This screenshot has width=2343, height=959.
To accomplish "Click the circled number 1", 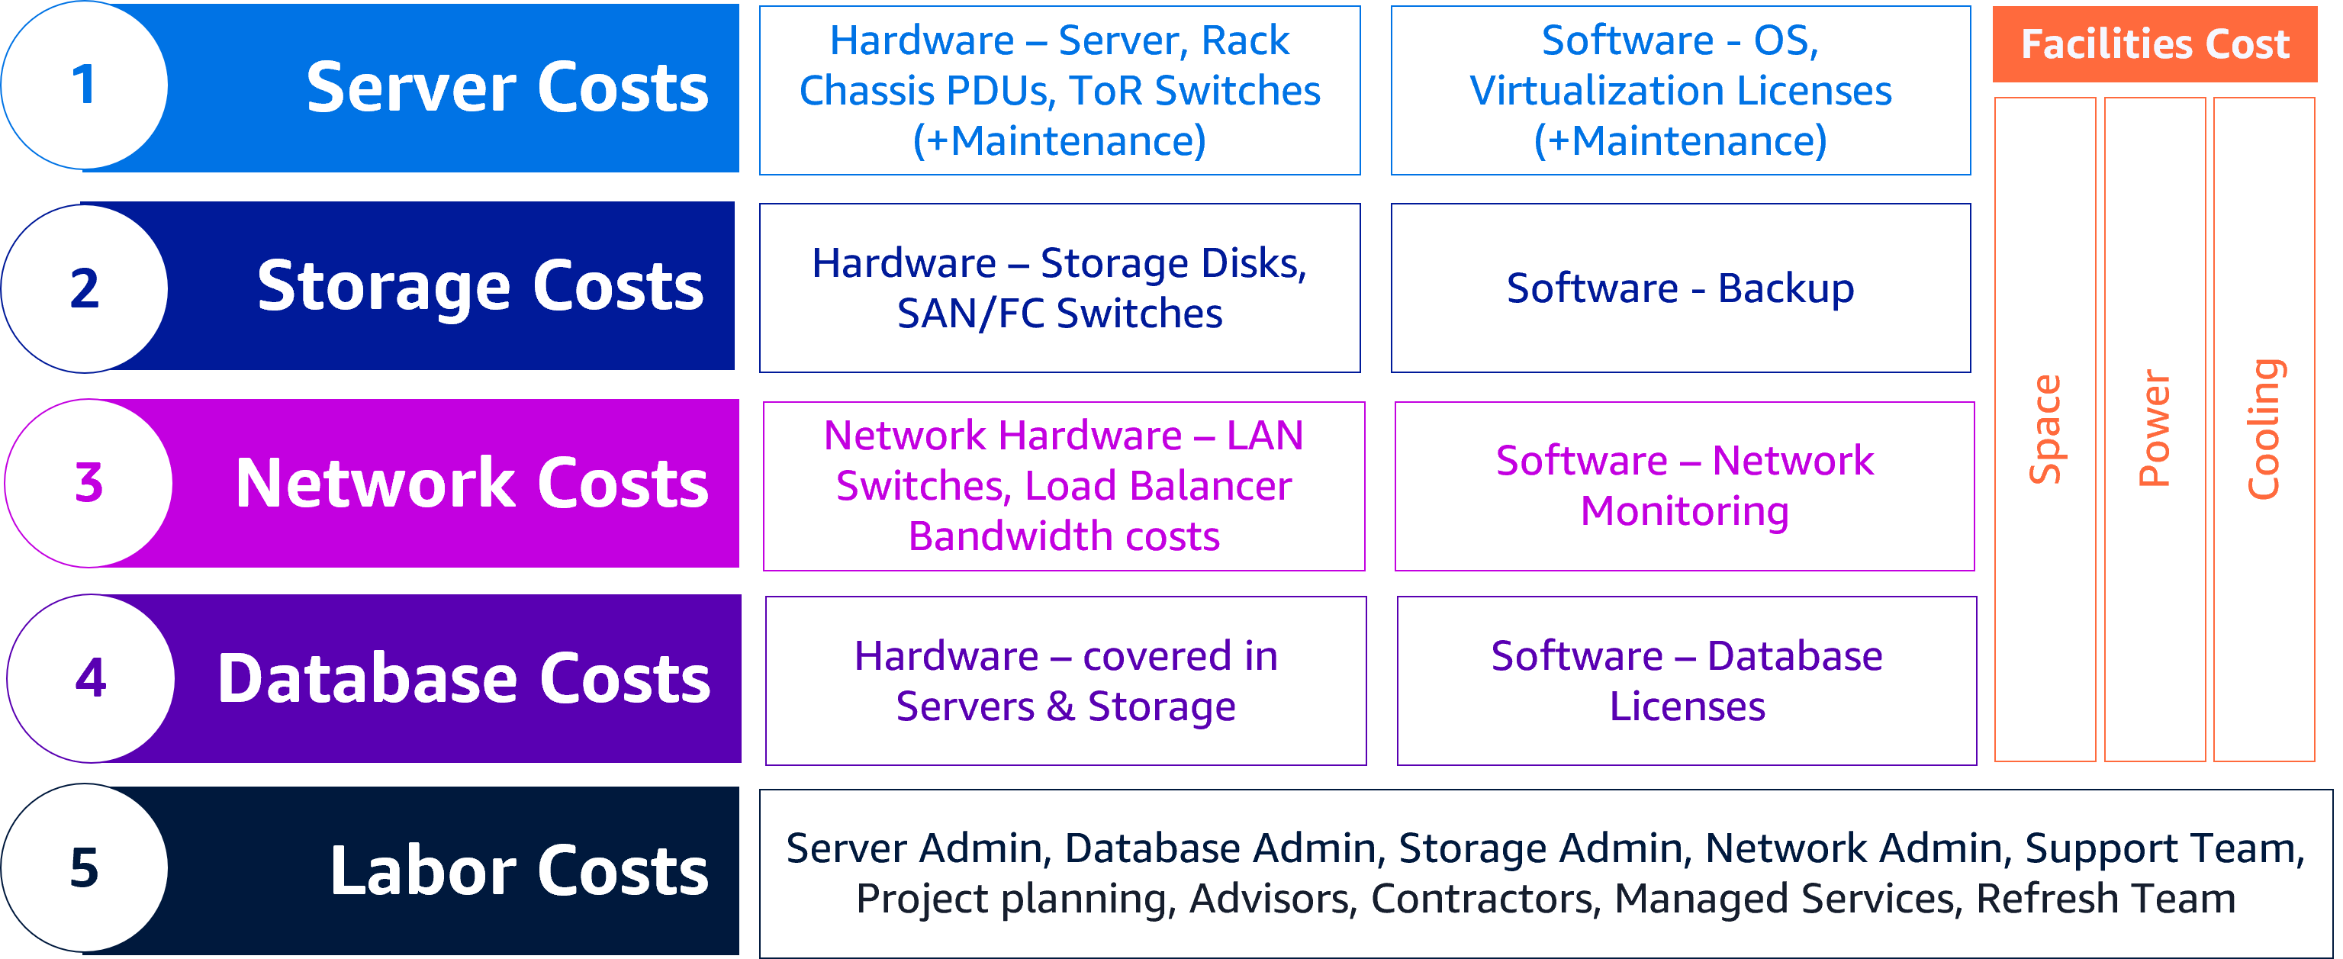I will point(84,85).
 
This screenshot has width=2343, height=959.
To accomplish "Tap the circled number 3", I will point(89,483).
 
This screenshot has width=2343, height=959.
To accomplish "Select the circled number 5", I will point(84,868).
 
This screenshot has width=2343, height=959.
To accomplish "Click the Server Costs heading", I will point(507,88).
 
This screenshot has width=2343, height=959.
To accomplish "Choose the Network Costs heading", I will point(471,483).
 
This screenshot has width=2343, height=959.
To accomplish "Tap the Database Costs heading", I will point(464,679).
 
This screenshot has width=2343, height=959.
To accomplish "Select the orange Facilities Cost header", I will point(2154,43).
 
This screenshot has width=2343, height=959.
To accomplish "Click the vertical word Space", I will point(2045,429).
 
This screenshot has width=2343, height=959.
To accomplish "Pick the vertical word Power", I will point(2154,429).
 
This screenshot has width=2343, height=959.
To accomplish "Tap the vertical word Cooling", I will point(2263,429).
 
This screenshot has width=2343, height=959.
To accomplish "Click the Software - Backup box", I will point(1680,288).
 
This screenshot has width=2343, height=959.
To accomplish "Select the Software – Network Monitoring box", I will point(1684,486).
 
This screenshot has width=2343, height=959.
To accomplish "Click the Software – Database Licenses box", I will point(1686,681).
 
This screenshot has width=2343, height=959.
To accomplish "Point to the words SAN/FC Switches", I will point(1059,314).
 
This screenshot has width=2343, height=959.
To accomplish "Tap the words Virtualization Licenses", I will point(1680,91).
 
